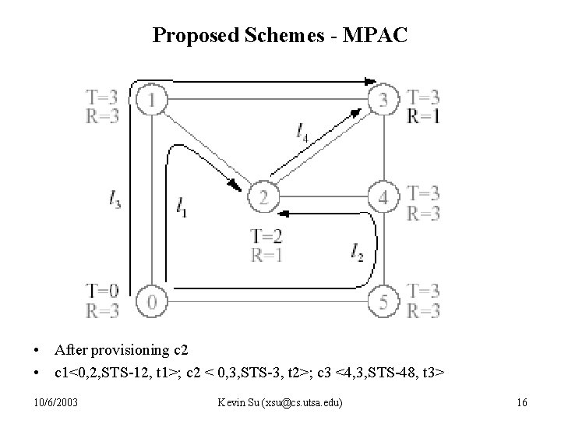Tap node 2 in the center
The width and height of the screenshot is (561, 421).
(x=263, y=197)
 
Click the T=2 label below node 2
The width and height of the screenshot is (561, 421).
(x=266, y=235)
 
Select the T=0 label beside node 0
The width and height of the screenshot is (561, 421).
(x=103, y=292)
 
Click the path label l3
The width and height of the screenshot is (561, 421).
(x=115, y=200)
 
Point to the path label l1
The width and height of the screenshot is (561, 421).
(x=182, y=207)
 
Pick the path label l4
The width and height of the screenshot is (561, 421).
(x=302, y=133)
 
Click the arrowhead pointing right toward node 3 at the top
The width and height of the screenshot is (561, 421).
(x=370, y=80)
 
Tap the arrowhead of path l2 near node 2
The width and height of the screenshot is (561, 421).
(x=284, y=212)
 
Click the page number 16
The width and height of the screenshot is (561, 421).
(x=522, y=402)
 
